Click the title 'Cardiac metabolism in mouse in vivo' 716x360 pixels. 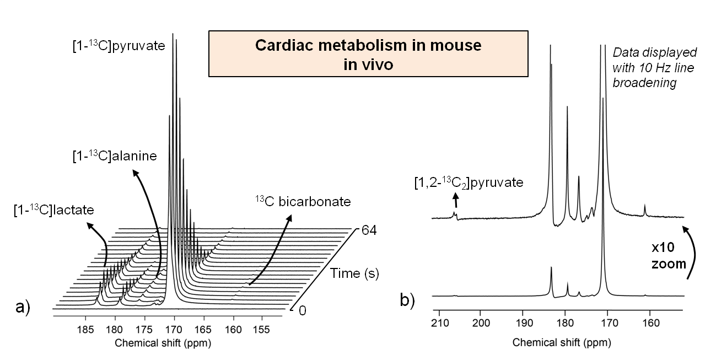click(x=368, y=54)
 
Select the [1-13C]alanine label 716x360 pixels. click(x=113, y=157)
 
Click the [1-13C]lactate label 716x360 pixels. click(x=54, y=209)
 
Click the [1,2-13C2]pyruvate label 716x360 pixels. click(x=469, y=182)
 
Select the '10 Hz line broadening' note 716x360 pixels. click(x=654, y=68)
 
